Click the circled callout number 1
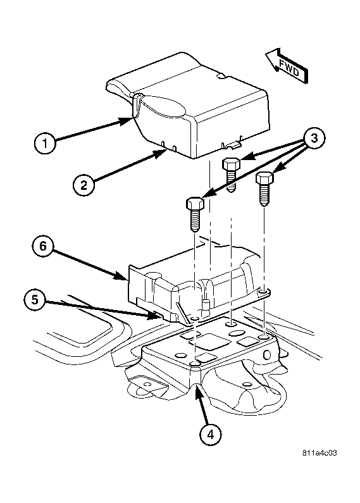tap(45, 143)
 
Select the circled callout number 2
tap(84, 185)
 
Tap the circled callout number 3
tap(314, 139)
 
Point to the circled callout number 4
tap(211, 434)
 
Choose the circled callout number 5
tap(35, 301)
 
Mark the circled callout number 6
tap(43, 246)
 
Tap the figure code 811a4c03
tap(320, 453)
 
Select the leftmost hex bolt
tap(195, 214)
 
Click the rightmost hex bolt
tap(264, 189)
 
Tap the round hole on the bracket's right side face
tap(266, 355)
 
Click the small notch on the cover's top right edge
tap(221, 77)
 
